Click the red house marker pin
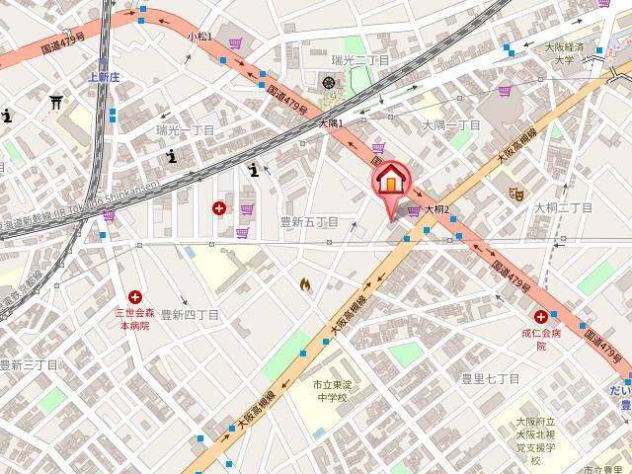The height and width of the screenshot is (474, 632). (390, 183)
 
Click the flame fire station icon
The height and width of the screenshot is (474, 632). (305, 285)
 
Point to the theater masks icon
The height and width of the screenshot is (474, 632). (513, 194)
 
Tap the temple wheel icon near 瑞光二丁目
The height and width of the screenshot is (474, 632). (329, 81)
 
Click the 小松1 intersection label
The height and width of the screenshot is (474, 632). (200, 37)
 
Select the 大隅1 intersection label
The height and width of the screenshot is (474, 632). (330, 124)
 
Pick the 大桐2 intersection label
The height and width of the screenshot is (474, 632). (436, 209)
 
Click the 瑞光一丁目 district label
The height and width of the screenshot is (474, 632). (185, 130)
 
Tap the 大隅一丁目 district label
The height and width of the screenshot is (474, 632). (450, 125)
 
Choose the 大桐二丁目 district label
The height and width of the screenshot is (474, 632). (563, 207)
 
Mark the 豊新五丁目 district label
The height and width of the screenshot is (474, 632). (309, 222)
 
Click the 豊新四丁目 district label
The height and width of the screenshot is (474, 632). (189, 314)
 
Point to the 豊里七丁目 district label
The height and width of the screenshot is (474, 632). (491, 378)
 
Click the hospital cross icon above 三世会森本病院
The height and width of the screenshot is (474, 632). (134, 295)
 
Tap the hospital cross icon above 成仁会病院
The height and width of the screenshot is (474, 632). (540, 316)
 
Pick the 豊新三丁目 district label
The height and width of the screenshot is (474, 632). (29, 364)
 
